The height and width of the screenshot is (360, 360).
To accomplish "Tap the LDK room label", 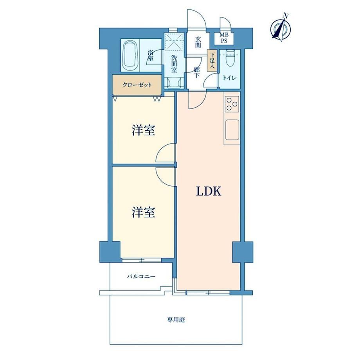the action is pyautogui.click(x=209, y=191).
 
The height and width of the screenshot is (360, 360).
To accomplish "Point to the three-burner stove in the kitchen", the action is pyautogui.click(x=232, y=104).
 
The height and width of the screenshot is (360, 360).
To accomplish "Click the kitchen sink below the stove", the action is pyautogui.click(x=232, y=130).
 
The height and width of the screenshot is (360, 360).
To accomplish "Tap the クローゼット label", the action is pyautogui.click(x=137, y=85).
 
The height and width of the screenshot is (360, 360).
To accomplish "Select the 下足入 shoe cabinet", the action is pyautogui.click(x=212, y=60).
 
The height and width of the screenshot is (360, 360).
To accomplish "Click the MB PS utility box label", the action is pyautogui.click(x=224, y=38).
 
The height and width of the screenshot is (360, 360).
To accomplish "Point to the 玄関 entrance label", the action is pyautogui.click(x=198, y=42).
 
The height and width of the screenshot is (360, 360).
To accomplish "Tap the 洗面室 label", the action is pyautogui.click(x=174, y=64).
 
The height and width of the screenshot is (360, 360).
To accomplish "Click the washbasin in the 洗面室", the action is pyautogui.click(x=174, y=83).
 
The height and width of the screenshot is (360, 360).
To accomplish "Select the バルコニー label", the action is pyautogui.click(x=141, y=276).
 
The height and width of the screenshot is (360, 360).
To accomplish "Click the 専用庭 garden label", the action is pyautogui.click(x=176, y=320).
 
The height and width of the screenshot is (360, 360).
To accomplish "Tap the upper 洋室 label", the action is pyautogui.click(x=143, y=130).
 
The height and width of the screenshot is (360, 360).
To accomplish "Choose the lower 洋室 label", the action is pyautogui.click(x=143, y=212).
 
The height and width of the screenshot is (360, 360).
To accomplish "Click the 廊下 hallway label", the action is pyautogui.click(x=196, y=72).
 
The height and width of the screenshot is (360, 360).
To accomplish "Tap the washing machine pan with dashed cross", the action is pyautogui.click(x=175, y=41).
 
